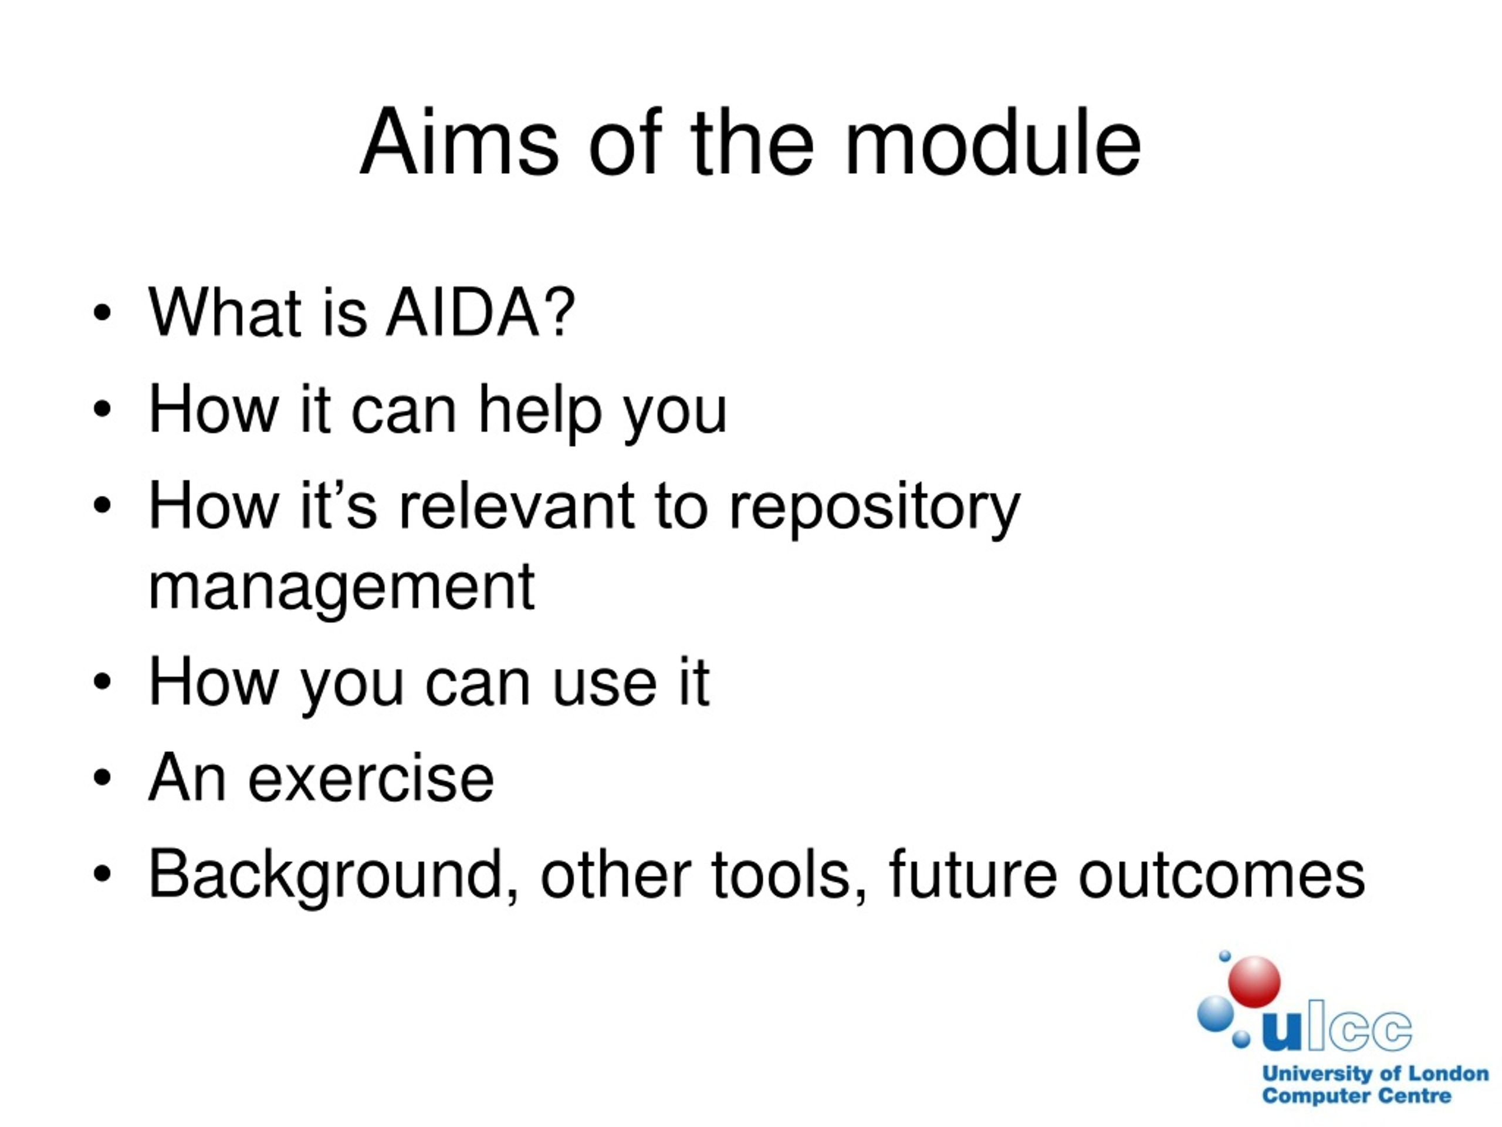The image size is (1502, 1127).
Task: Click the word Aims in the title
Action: click(459, 143)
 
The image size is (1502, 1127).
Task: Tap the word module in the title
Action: click(993, 143)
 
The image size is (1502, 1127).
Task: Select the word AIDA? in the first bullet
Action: click(480, 312)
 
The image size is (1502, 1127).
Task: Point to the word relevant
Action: click(517, 505)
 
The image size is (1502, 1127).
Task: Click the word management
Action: click(341, 588)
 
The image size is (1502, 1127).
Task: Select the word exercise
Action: click(371, 779)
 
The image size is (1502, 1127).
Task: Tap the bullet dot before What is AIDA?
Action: click(102, 313)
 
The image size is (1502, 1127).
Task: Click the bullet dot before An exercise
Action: click(102, 778)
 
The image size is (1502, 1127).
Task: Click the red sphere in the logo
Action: click(1254, 981)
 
